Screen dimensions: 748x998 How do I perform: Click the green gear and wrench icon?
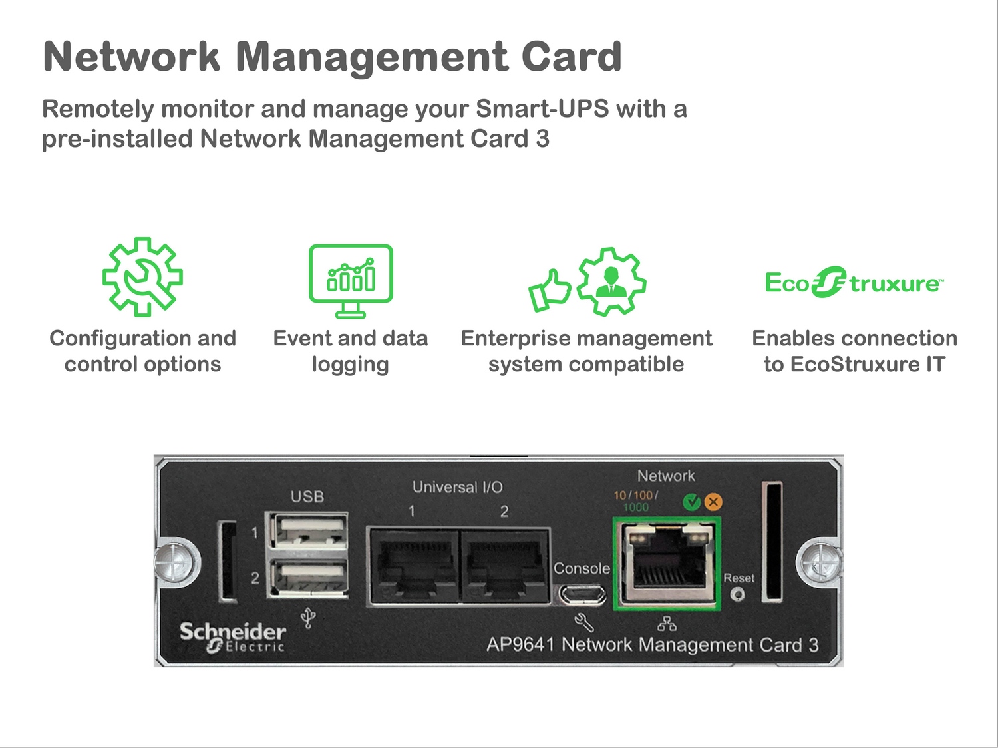[x=142, y=276]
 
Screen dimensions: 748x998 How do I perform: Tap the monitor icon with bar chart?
[x=351, y=280]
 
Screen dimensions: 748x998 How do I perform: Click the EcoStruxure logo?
[x=854, y=283]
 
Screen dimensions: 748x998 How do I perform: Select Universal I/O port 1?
[x=413, y=566]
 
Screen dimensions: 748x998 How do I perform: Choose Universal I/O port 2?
[x=505, y=566]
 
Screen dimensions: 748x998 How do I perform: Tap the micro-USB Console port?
[x=582, y=593]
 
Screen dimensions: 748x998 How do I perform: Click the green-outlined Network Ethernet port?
[x=667, y=562]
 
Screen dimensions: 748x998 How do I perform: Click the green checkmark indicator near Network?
[x=692, y=502]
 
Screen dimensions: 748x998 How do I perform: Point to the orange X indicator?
[x=713, y=502]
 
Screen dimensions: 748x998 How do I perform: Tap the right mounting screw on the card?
[x=820, y=562]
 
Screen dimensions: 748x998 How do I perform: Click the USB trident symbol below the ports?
[x=307, y=618]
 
